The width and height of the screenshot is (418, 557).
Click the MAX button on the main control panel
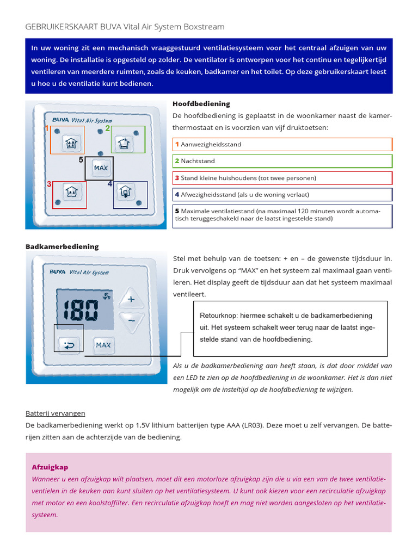tap(101, 168)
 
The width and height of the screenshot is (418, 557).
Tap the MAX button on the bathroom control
tap(103, 345)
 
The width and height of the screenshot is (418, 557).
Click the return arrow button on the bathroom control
tap(68, 344)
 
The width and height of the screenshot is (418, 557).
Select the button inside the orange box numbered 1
tap(70, 144)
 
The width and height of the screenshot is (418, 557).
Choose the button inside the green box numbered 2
tap(125, 144)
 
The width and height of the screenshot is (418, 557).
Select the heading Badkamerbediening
tap(62, 246)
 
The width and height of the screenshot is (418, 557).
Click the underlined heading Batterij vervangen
tap(55, 413)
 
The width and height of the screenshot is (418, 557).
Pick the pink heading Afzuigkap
tap(50, 467)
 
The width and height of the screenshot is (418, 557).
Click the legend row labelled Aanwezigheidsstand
tap(282, 144)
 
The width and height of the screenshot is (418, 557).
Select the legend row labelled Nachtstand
tap(282, 161)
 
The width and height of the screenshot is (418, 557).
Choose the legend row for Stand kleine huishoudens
tap(282, 178)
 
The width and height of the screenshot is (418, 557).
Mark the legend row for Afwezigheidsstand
tap(282, 194)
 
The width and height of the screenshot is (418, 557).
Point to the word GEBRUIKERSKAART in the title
tap(60, 27)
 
